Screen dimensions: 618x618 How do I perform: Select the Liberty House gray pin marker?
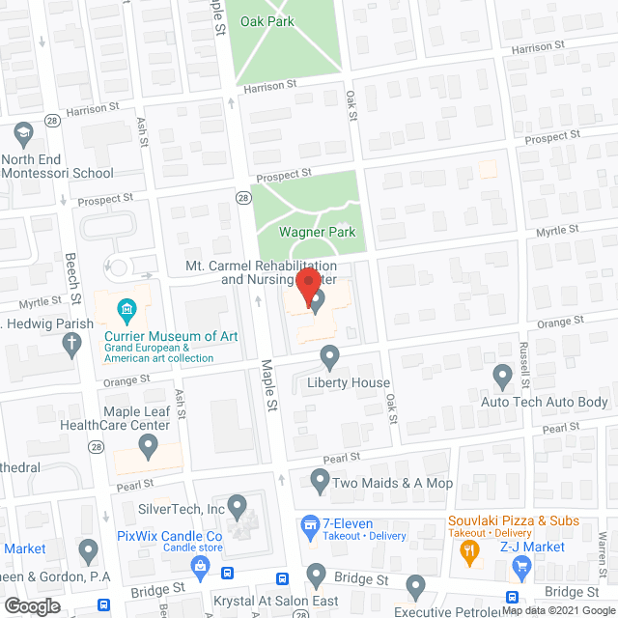[x=329, y=357]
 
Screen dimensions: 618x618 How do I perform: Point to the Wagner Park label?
[x=317, y=232]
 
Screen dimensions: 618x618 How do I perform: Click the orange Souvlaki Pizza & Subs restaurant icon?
[x=470, y=550]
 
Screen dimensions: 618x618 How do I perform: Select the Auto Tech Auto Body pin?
[x=502, y=375]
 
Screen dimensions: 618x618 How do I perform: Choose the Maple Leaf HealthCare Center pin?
[x=148, y=446]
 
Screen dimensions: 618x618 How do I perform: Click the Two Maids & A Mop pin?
[x=321, y=480]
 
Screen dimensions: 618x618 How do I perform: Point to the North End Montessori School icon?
[x=22, y=132]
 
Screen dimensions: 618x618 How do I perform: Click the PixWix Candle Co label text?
[x=169, y=536]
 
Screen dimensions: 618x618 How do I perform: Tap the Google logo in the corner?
[x=31, y=606]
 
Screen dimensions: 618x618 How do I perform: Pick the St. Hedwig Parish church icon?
[x=70, y=343]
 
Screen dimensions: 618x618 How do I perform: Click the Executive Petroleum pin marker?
[x=416, y=585]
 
